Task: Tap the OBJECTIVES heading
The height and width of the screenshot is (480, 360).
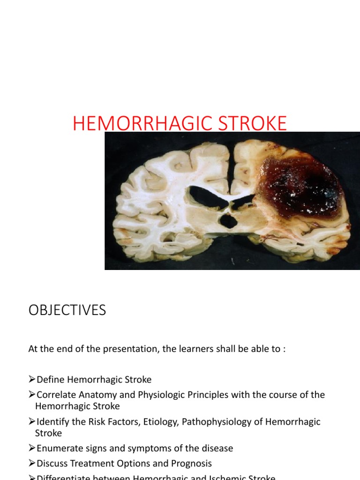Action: point(67,310)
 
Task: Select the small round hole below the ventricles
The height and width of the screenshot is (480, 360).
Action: point(229,221)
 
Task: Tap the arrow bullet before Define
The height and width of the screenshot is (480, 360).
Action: point(32,380)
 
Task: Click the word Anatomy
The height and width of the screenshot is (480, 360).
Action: point(100,395)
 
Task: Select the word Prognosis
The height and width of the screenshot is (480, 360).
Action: point(189,464)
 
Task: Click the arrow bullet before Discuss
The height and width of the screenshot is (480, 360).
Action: point(32,464)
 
